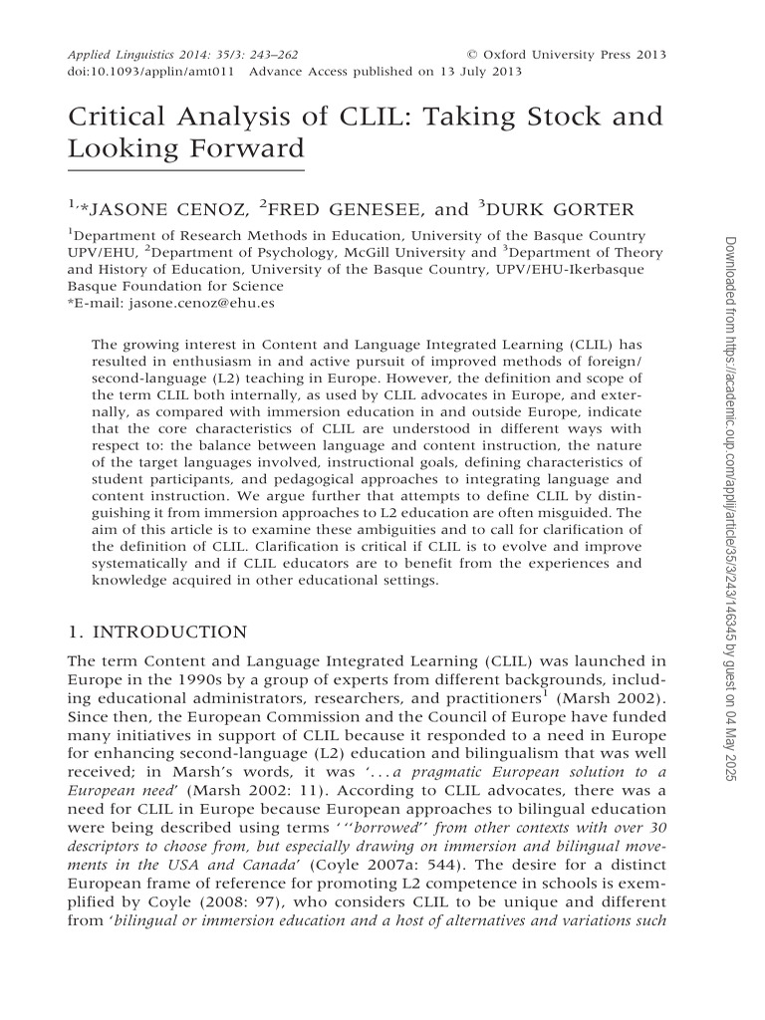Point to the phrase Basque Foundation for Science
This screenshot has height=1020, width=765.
tap(170, 285)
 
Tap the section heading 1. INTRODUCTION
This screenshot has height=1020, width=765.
tap(156, 632)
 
